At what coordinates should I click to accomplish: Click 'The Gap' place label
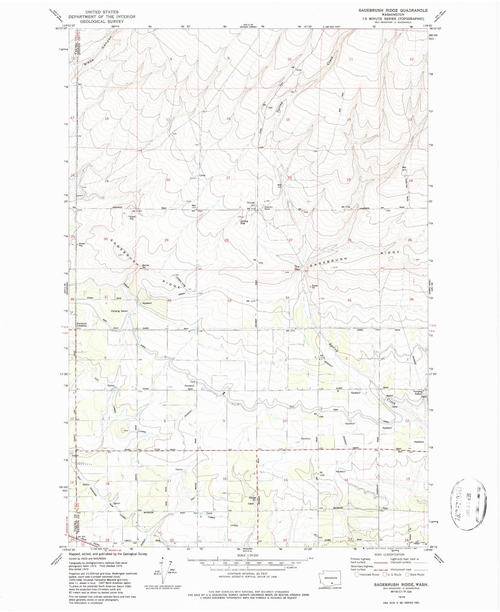[297, 268]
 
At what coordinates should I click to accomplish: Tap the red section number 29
[166, 240]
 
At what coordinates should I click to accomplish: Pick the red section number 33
[229, 300]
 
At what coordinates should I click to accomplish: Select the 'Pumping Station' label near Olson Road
[119, 311]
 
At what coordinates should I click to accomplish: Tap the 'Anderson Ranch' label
[269, 208]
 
